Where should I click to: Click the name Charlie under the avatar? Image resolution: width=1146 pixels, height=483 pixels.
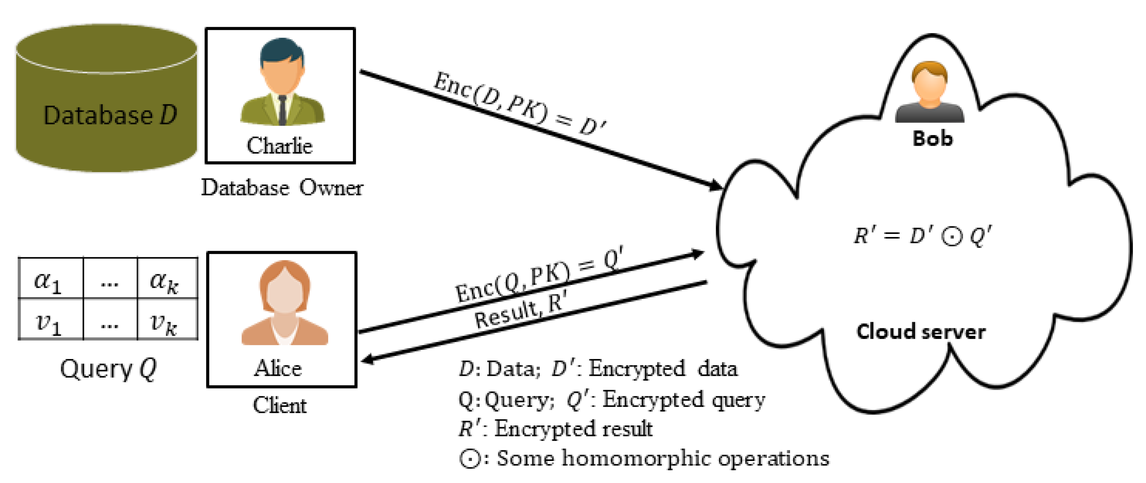[280, 145]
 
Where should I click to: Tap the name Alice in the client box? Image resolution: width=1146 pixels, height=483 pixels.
[278, 368]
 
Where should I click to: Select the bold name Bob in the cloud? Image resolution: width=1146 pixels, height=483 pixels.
[932, 138]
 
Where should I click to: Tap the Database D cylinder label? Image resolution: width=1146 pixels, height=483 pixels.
[110, 115]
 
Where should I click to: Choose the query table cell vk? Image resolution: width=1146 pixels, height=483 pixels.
[164, 322]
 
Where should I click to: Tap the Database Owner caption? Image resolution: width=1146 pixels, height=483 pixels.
[282, 187]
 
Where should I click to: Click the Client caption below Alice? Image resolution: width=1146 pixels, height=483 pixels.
[280, 405]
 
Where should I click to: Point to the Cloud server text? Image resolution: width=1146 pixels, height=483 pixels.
[921, 332]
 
